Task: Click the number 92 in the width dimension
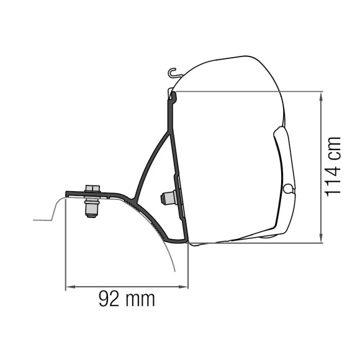point(109,300)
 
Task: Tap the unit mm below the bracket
point(140,300)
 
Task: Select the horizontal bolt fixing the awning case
point(167,198)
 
